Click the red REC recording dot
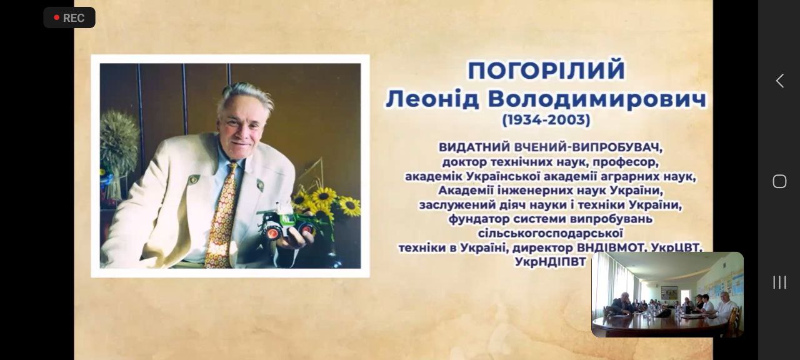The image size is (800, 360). point(56,17)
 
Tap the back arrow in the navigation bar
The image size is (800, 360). point(779,81)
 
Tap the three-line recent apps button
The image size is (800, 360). point(779,282)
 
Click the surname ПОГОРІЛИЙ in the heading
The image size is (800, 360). point(546,71)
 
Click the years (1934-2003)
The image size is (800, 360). point(546,119)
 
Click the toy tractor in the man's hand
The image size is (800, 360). point(286,224)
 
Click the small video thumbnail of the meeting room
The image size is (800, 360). point(667,294)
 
